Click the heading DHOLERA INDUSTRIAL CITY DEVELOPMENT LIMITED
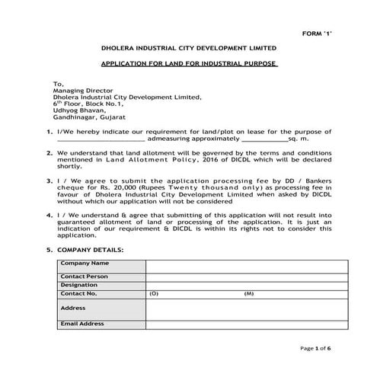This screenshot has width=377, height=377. click(188, 48)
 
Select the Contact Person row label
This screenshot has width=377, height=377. click(84, 276)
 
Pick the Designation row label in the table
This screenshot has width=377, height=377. click(79, 284)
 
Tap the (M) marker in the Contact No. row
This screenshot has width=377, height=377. click(248, 292)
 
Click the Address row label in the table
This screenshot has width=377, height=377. click(73, 308)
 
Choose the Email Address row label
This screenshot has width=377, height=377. click(82, 324)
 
